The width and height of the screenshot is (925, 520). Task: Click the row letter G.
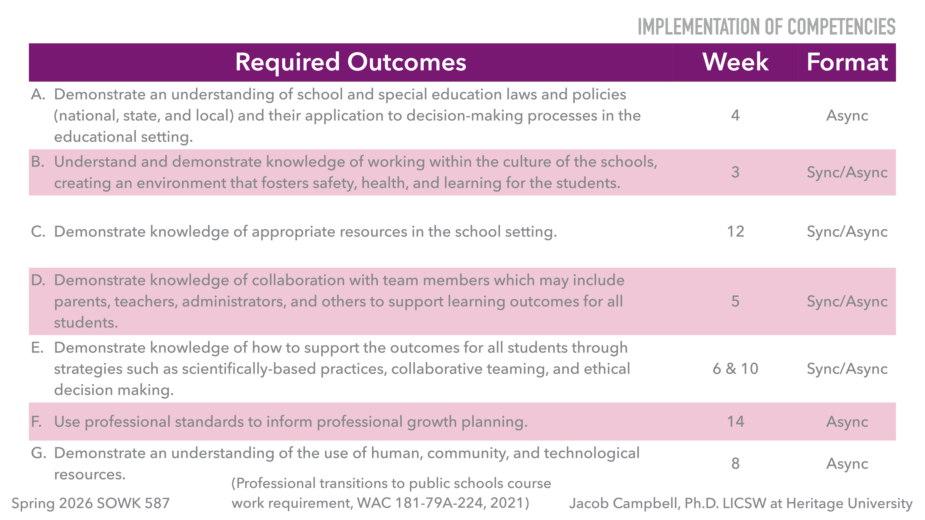[38, 453]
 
